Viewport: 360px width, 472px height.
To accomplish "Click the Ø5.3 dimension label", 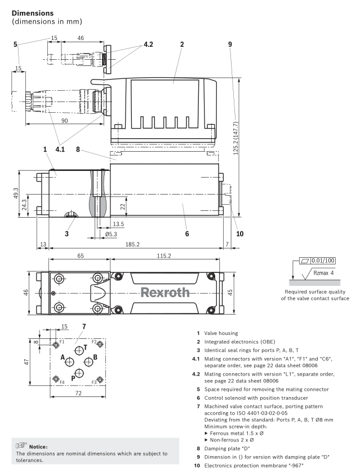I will point(112,233).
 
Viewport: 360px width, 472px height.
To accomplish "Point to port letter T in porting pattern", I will point(85,347).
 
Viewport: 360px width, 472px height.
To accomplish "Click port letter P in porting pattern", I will point(72,378).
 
